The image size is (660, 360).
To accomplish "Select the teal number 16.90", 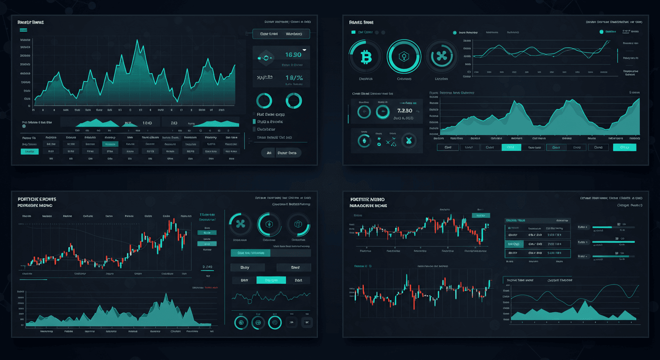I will pos(293,55).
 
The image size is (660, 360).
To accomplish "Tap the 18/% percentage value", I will pos(294,78).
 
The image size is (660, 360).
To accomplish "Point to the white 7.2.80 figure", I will pos(404,111).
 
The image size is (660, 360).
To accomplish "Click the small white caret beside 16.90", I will pos(304,49).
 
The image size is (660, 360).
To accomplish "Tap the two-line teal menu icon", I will pos(23,30).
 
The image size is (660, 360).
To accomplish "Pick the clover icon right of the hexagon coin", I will pos(441,57).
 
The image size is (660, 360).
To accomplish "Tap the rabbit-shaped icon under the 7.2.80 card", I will pos(409,140).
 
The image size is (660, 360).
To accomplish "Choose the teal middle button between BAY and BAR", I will pos(271,280).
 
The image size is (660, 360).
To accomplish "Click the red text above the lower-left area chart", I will pos(205,287).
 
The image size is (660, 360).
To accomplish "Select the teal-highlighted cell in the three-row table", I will pos(513,244).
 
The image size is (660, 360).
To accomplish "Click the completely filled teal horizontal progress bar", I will pos(614,242).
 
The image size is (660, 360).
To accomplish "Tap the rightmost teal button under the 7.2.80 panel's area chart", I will pos(624,147).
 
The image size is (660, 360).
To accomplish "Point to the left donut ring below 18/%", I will pos(264,100).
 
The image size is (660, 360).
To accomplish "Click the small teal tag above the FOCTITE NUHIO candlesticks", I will pos(480,215).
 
